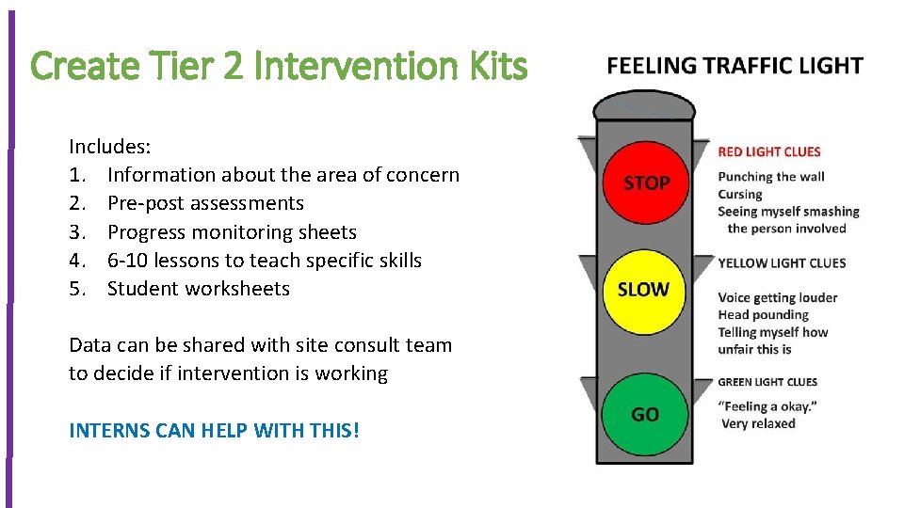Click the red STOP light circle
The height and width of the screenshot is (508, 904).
645,182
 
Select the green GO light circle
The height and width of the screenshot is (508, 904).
645,415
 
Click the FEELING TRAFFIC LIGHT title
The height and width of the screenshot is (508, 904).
734,66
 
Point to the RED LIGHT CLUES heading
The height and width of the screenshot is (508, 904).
769,151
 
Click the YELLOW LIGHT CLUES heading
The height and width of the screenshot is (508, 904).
782,263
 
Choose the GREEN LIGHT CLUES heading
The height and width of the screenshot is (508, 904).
767,382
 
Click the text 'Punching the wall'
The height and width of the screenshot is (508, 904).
771,177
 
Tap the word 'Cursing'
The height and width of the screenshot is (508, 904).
740,194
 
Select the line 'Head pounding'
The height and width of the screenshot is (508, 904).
763,315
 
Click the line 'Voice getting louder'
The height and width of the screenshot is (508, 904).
777,298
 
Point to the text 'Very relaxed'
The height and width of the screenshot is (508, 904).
758,423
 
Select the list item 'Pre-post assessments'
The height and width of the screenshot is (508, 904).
205,203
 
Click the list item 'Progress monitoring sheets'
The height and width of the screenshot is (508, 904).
232,231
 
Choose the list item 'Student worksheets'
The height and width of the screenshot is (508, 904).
199,289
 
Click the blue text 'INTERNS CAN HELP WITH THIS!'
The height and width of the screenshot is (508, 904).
214,431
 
